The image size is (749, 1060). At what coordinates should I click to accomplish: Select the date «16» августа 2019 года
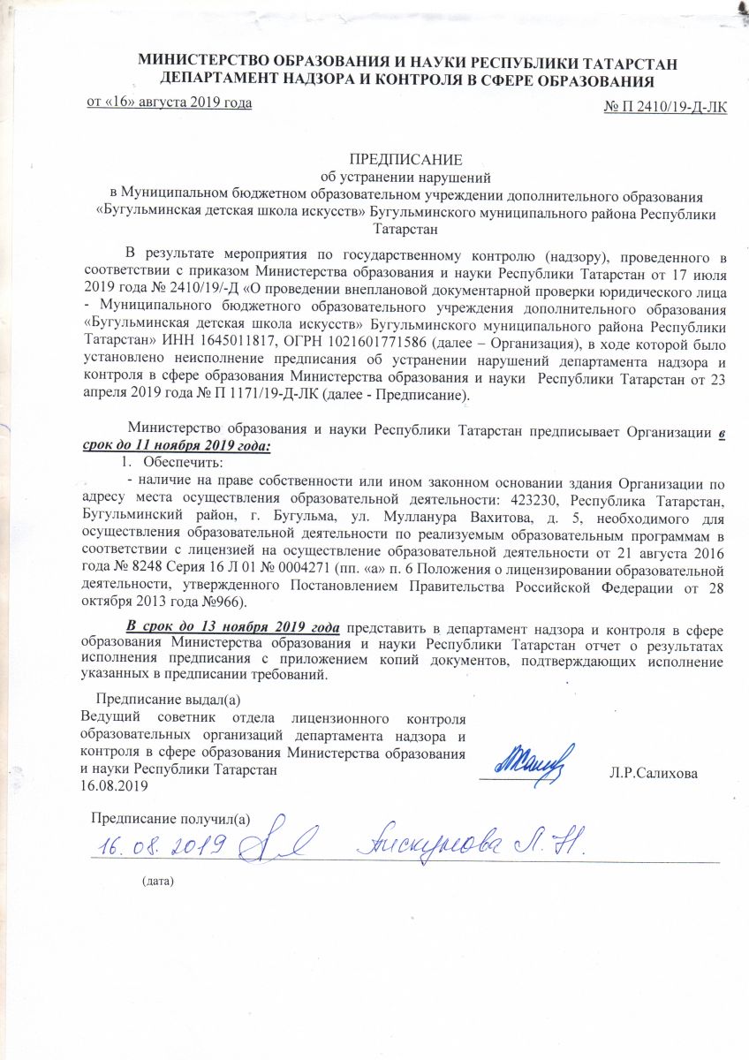point(169,102)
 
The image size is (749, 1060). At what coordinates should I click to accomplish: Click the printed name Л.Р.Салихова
point(654,775)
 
